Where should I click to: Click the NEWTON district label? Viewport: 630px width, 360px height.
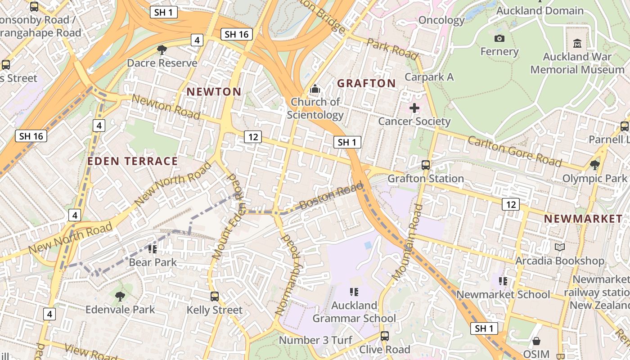[x=214, y=92]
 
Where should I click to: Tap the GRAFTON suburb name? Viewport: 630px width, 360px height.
[x=366, y=83]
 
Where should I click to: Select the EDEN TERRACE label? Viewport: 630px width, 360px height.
[x=133, y=161]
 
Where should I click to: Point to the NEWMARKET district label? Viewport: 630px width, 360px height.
[x=583, y=219]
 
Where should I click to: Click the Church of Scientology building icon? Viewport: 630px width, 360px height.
[x=315, y=89]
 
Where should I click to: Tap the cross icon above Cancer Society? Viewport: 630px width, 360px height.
[x=414, y=108]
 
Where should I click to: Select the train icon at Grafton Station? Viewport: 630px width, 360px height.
[x=425, y=165]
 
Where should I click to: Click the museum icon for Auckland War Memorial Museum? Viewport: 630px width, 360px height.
[x=577, y=44]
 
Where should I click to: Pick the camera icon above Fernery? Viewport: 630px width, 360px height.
[x=499, y=38]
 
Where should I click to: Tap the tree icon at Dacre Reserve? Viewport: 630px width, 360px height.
[x=162, y=49]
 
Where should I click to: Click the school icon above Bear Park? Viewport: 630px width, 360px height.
[x=153, y=249]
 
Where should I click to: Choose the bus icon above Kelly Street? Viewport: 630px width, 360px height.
[x=215, y=297]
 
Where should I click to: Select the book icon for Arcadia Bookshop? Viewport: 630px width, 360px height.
[x=560, y=247]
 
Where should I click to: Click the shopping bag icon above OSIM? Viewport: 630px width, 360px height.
[x=536, y=341]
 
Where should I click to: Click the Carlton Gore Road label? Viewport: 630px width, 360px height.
[x=515, y=151]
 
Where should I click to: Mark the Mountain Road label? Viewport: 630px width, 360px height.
[x=408, y=242]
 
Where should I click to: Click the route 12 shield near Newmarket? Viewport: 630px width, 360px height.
[x=511, y=204]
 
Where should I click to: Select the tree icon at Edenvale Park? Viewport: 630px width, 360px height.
[x=120, y=296]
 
